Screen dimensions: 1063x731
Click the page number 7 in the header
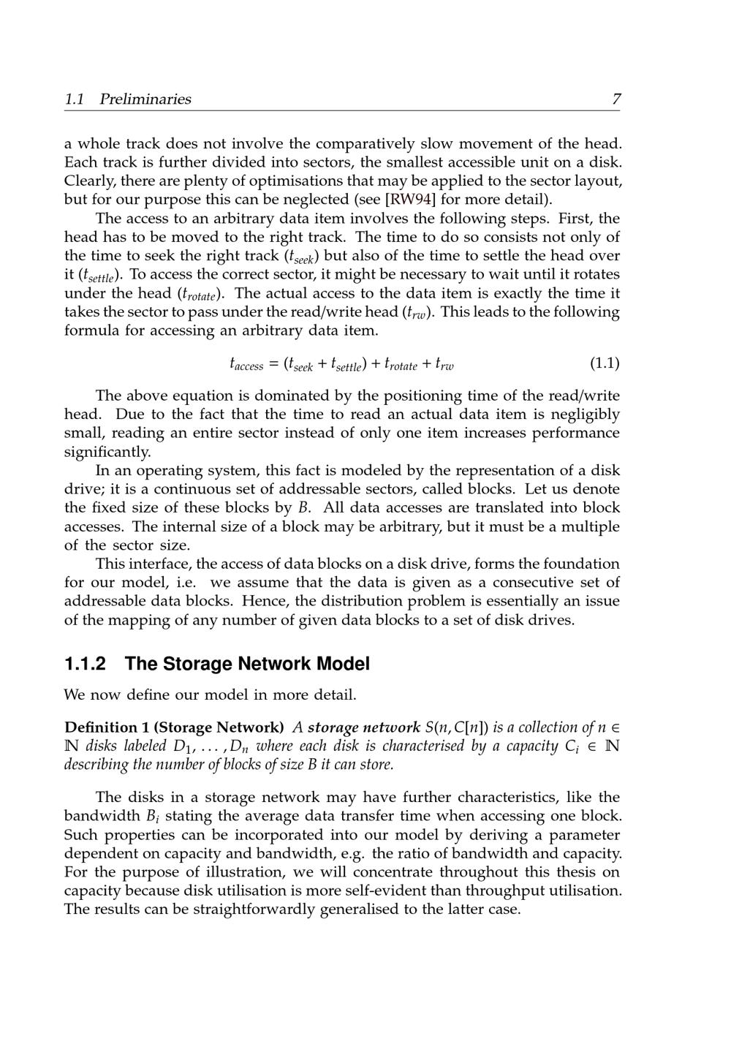point(616,99)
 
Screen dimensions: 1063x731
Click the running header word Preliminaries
point(145,99)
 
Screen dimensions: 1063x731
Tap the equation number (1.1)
point(604,363)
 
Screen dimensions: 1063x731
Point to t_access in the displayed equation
point(246,364)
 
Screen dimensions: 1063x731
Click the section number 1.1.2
point(85,664)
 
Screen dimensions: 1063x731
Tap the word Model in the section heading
point(343,664)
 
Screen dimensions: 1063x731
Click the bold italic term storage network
point(363,727)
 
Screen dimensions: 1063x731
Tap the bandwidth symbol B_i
point(154,817)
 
